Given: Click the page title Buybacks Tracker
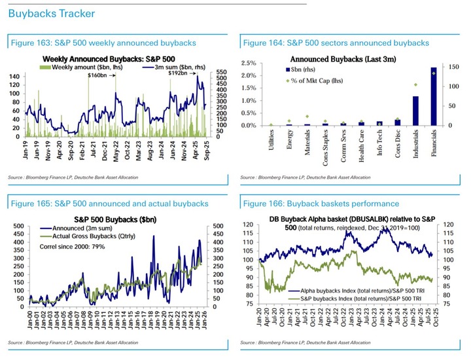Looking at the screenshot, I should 51,13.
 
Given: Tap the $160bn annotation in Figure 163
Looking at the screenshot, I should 97,75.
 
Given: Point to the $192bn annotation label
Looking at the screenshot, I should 179,74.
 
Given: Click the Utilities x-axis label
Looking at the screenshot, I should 271,140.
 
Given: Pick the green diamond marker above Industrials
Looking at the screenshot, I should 415,84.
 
